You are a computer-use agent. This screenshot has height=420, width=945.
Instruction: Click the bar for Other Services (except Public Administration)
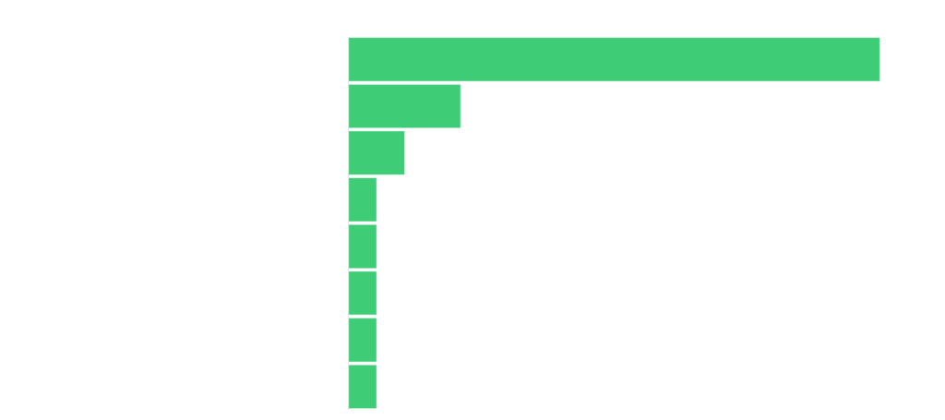614,60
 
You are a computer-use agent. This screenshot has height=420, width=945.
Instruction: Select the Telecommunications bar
405,106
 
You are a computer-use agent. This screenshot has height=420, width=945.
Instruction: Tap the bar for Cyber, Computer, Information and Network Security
377,153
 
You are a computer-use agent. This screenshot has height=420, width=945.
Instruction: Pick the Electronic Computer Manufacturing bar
364,200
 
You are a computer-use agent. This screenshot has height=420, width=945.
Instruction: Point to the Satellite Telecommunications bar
364,246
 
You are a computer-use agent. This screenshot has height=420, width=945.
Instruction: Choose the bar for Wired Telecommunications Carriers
364,294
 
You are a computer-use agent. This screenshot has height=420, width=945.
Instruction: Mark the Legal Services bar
364,340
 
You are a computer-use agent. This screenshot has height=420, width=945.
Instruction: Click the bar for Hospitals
364,387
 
